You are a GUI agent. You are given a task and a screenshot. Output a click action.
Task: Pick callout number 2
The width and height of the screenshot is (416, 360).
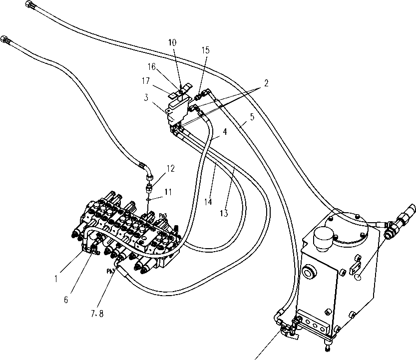pyautogui.click(x=266, y=83)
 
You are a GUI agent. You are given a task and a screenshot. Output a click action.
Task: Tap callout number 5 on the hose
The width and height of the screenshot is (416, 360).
pyautogui.click(x=252, y=117)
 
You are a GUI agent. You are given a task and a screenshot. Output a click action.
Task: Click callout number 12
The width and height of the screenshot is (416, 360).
pyautogui.click(x=171, y=168)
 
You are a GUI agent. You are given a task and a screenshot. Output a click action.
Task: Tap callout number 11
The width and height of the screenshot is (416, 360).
pyautogui.click(x=168, y=191)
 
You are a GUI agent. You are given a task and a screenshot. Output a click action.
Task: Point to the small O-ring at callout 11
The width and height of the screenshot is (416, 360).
pyautogui.click(x=149, y=199)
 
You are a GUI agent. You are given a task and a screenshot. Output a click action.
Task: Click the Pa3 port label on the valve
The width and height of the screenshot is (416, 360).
pyautogui.click(x=163, y=216)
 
